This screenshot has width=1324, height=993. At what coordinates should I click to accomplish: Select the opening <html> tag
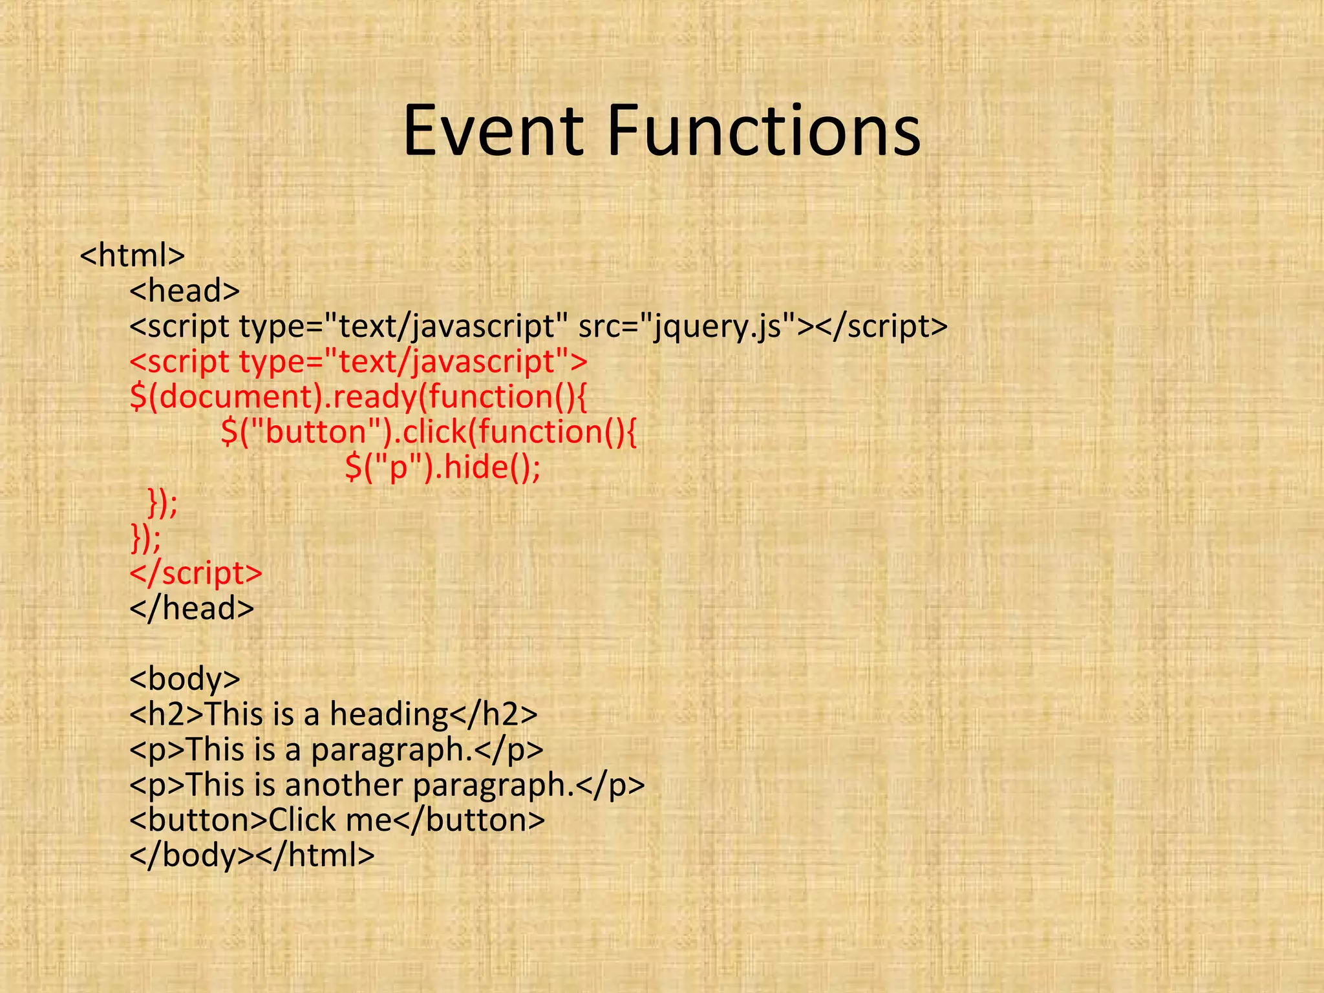pos(133,255)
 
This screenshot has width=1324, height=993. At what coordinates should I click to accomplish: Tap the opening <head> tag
pos(185,291)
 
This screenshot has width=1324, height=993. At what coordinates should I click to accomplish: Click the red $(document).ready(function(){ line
pos(358,397)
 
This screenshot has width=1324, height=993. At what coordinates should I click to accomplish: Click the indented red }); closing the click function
pos(162,503)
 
